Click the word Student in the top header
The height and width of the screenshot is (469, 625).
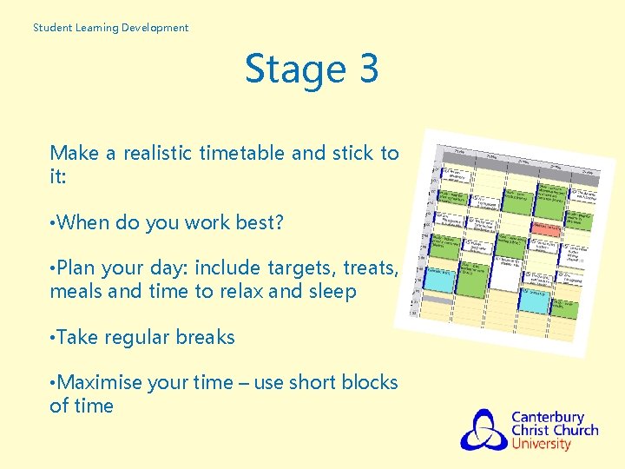tap(51, 28)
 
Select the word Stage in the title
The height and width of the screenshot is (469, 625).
tap(283, 69)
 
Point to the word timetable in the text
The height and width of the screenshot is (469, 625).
tap(243, 154)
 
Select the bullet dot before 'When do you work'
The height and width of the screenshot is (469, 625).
tap(53, 222)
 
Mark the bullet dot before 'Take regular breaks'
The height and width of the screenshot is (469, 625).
tap(53, 337)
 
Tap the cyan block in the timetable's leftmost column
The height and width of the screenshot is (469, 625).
tap(438, 279)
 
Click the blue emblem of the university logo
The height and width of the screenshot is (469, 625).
tap(483, 430)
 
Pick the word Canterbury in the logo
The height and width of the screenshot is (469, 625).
tap(547, 417)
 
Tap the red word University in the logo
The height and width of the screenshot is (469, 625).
tap(541, 445)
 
